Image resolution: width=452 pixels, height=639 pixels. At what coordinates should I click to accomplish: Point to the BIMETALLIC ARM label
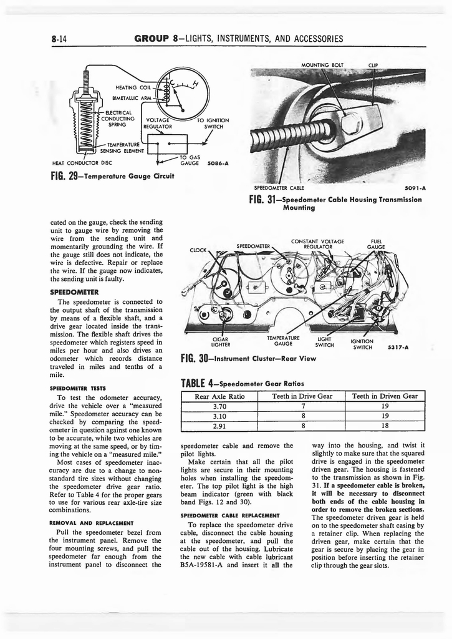click(x=131, y=98)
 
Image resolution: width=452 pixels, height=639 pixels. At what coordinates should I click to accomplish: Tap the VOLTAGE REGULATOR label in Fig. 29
click(x=157, y=124)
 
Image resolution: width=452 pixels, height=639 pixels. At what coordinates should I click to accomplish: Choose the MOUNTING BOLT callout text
click(x=322, y=64)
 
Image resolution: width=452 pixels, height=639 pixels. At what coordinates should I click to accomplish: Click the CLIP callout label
click(x=373, y=64)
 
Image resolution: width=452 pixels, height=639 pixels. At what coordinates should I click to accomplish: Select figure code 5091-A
click(x=415, y=187)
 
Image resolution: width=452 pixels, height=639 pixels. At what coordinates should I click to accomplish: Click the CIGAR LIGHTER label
click(x=221, y=342)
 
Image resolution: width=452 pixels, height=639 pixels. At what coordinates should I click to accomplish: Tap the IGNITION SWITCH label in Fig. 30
click(x=362, y=344)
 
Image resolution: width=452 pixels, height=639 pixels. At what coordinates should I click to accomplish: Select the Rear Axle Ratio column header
click(x=219, y=396)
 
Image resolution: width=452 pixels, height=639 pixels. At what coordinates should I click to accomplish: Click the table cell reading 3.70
click(x=219, y=406)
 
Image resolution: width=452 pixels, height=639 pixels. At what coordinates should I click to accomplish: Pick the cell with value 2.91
click(x=219, y=426)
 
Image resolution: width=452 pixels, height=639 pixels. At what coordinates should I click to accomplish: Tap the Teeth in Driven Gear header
click(x=385, y=396)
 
